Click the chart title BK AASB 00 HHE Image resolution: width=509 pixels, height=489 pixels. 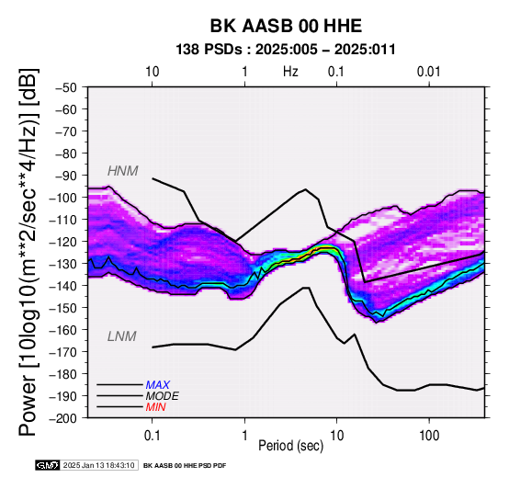tap(286, 26)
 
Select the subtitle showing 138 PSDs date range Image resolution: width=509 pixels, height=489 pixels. tap(286, 50)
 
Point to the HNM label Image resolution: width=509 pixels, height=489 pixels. tap(123, 171)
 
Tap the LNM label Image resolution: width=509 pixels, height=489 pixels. tap(121, 336)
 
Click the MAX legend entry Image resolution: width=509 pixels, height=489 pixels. tap(157, 385)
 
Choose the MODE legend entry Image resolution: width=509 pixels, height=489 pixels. tap(162, 396)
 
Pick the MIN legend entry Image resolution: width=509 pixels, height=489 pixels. tap(155, 407)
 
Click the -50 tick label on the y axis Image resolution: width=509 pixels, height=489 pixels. tap(66, 87)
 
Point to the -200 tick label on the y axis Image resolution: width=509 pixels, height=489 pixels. tap(63, 418)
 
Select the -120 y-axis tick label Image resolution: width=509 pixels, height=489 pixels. tap(63, 242)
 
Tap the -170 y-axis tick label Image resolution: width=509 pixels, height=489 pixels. tap(63, 352)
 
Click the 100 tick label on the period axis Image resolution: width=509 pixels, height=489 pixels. tap(429, 436)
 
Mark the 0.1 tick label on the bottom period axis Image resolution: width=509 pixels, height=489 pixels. tap(152, 436)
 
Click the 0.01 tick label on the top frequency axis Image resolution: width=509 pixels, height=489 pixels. tap(429, 72)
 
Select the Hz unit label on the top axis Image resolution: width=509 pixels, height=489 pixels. tap(290, 72)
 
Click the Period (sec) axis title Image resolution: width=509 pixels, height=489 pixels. tap(291, 446)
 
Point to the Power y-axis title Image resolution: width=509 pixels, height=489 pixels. tap(28, 252)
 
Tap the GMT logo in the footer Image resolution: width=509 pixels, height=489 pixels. tap(48, 465)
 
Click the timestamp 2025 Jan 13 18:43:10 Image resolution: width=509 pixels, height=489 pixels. tap(98, 465)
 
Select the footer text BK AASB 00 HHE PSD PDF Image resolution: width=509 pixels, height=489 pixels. tap(185, 466)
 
